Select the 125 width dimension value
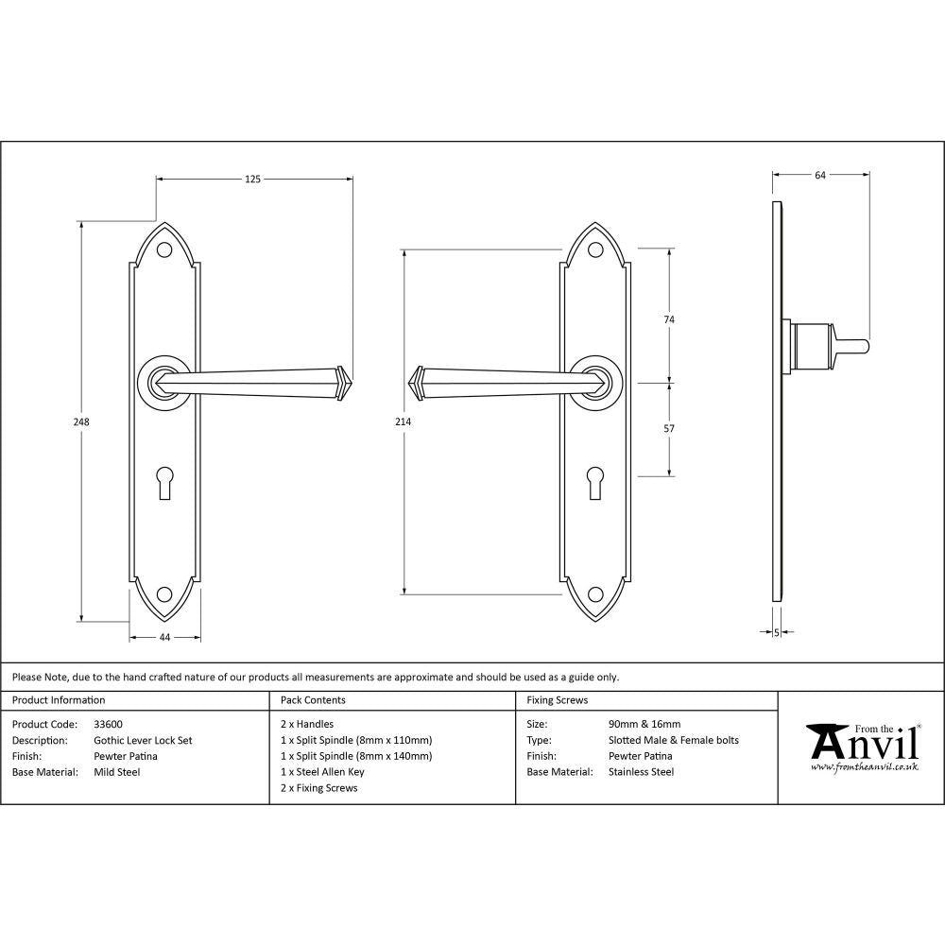coord(253,178)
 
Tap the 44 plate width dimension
coord(164,638)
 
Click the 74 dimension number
coord(670,320)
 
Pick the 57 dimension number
coord(670,429)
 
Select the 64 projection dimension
coord(820,174)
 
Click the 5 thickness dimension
coord(777,633)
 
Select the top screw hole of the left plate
coord(164,250)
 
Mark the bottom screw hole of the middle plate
coord(595,594)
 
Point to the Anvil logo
coord(862,747)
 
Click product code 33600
coord(108,725)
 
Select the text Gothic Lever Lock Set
coord(143,741)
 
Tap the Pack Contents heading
coord(313,700)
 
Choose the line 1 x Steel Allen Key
coord(321,772)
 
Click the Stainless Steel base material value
coord(642,772)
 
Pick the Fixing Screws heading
coord(557,700)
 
